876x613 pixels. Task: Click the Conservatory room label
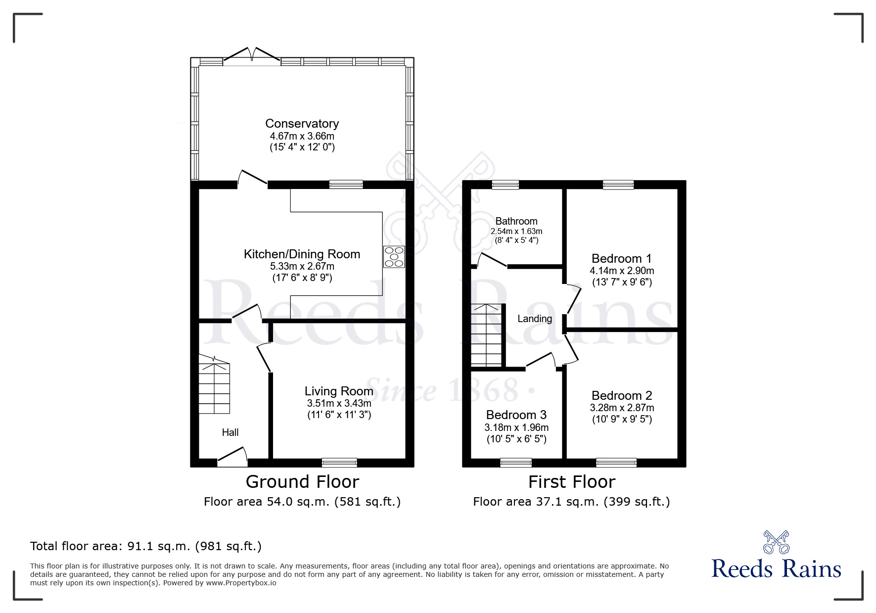pyautogui.click(x=302, y=123)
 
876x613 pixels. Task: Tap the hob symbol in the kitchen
pyautogui.click(x=394, y=257)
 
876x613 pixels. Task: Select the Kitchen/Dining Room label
pyautogui.click(x=302, y=254)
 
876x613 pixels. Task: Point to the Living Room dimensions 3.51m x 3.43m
pyautogui.click(x=339, y=403)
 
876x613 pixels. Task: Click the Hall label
pyautogui.click(x=230, y=432)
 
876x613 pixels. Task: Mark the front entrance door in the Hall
pyautogui.click(x=232, y=457)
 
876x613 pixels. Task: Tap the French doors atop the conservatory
pyautogui.click(x=252, y=55)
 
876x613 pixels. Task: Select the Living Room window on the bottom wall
pyautogui.click(x=339, y=463)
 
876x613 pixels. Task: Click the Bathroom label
pyautogui.click(x=516, y=221)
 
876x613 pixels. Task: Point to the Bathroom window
pyautogui.click(x=506, y=185)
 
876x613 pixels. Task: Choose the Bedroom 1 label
pyautogui.click(x=622, y=258)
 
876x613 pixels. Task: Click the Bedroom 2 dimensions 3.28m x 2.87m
pyautogui.click(x=622, y=408)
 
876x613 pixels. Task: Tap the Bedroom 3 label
pyautogui.click(x=516, y=415)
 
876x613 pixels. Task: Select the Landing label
pyautogui.click(x=535, y=319)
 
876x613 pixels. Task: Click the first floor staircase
pyautogui.click(x=487, y=335)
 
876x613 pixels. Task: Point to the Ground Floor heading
pyautogui.click(x=302, y=481)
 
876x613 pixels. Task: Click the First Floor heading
pyautogui.click(x=572, y=481)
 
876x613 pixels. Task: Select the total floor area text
pyautogui.click(x=146, y=546)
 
